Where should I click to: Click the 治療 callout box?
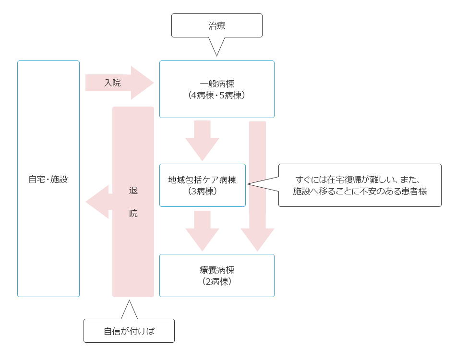point(217,25)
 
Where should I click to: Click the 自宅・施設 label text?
point(48,179)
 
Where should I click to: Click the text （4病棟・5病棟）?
point(217,95)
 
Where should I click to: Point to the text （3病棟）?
point(202,191)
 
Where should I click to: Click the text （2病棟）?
point(217,281)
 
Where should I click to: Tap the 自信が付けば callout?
point(129,331)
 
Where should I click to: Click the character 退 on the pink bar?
point(133,191)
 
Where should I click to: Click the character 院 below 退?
point(133,213)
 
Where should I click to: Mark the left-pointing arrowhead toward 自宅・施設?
point(97,202)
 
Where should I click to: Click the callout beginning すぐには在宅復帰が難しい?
point(360,185)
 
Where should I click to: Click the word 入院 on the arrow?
point(112,83)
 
